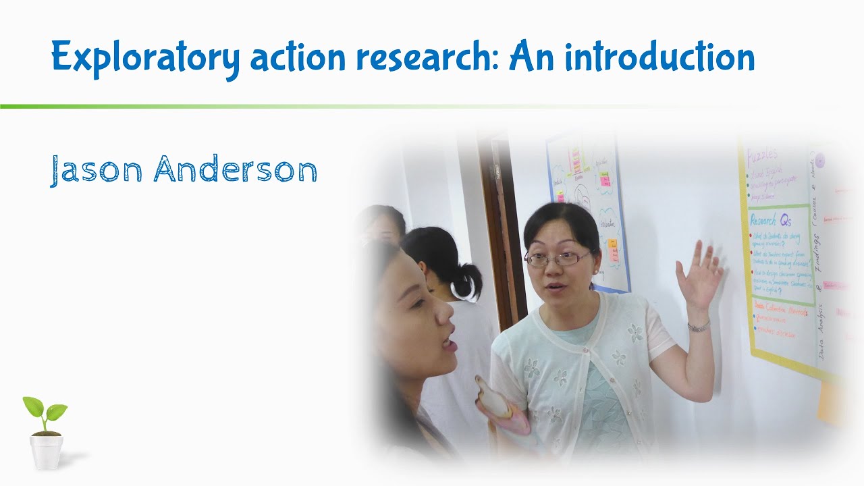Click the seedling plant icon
point(45,413)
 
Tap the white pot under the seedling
point(46,451)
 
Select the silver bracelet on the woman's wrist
point(699,327)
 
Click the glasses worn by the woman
point(558,258)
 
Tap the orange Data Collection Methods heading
point(780,312)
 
